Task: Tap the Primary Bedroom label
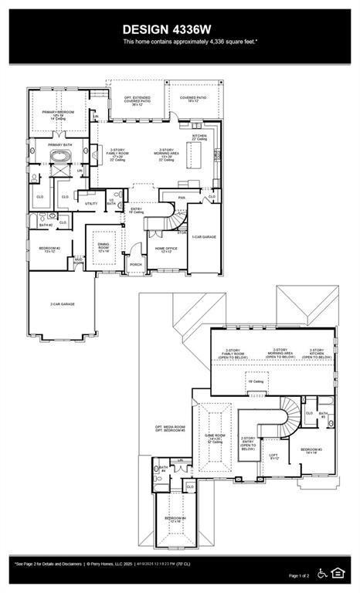tap(58, 113)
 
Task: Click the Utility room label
tap(91, 203)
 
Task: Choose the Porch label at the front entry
tap(136, 264)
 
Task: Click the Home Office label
tap(167, 250)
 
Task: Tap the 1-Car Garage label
tap(204, 237)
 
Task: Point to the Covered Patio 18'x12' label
tap(193, 100)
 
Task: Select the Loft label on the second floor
tap(273, 456)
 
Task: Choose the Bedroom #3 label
tap(311, 450)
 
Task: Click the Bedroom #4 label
tap(175, 520)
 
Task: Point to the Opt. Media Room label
tap(170, 429)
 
